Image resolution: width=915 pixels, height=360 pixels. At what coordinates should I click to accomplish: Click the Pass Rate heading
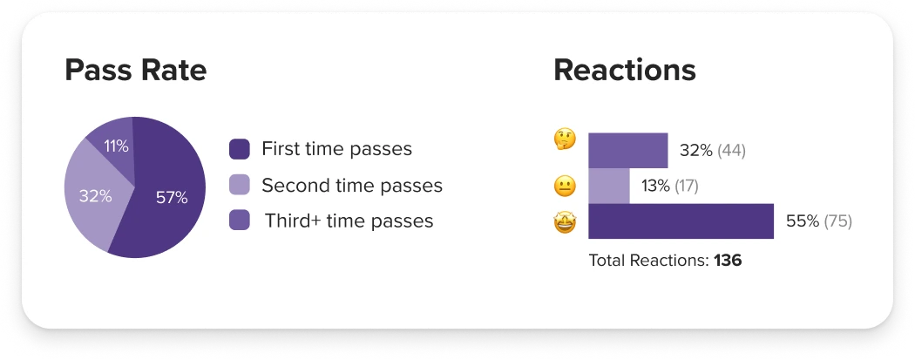point(135,70)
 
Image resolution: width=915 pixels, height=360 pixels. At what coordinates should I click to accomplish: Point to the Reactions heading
point(625,70)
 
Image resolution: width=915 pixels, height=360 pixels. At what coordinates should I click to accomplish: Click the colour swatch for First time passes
point(240,149)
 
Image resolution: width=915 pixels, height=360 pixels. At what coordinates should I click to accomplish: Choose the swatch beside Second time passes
point(240,185)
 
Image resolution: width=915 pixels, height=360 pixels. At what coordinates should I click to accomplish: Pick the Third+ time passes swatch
point(240,221)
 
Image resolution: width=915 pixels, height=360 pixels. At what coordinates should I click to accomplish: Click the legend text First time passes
point(336,149)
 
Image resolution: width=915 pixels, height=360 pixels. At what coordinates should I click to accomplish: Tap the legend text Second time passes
point(352,186)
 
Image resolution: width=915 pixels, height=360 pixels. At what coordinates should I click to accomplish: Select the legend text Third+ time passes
point(349,221)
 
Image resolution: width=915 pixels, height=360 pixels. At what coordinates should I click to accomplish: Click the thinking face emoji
point(565,139)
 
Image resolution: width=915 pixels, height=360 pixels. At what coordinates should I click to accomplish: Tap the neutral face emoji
point(565,187)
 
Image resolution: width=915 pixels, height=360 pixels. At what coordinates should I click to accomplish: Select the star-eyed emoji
point(565,223)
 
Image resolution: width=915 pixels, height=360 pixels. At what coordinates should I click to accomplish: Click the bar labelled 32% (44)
point(628,151)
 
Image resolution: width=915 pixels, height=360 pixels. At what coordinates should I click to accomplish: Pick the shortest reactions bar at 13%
point(608,187)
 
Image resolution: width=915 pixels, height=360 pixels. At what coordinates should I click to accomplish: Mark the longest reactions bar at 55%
point(681,221)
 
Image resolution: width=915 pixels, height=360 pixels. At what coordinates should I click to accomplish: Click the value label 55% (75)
point(819,221)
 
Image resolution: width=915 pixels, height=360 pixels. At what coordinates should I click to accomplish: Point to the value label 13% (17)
point(670,187)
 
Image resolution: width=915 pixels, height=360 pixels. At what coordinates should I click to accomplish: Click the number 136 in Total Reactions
point(728,261)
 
